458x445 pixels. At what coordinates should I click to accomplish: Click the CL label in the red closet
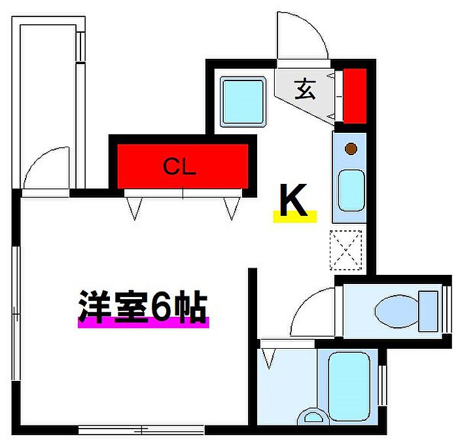click(179, 166)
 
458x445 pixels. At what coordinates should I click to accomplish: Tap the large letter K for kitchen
click(293, 200)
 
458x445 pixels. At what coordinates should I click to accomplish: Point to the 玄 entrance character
click(305, 89)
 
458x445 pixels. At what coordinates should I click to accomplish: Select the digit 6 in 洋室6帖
click(162, 306)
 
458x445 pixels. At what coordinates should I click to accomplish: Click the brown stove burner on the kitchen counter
click(351, 149)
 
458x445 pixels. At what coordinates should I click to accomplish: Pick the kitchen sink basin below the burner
click(351, 190)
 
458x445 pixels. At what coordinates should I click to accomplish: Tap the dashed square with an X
click(346, 250)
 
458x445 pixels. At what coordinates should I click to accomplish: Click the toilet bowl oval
click(396, 311)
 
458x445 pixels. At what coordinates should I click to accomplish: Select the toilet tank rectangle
click(429, 311)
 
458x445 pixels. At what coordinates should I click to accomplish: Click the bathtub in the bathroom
click(349, 386)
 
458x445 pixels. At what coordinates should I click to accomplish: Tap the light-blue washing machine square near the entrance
click(243, 101)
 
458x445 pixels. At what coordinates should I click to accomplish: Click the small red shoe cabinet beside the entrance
click(355, 96)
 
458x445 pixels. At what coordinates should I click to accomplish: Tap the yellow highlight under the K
click(295, 217)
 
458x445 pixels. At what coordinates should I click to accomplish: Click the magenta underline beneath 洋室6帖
click(143, 323)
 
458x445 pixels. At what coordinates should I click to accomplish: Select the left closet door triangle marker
click(134, 208)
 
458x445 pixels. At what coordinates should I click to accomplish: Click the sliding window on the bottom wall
click(141, 430)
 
